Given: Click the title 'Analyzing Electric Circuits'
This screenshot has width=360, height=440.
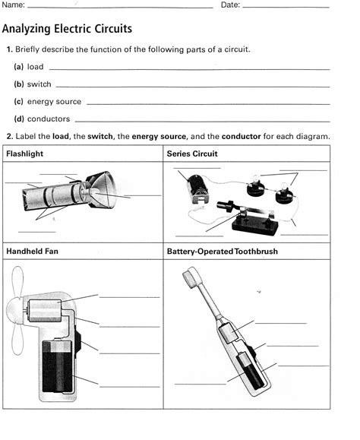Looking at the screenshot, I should coord(68,29).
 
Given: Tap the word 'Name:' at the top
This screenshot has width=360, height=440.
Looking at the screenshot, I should coord(14,5).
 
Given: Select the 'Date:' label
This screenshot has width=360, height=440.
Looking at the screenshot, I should coord(230,5).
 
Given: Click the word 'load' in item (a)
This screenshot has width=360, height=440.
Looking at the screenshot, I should coord(36,67).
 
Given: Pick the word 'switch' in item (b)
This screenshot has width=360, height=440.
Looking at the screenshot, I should coord(39,84).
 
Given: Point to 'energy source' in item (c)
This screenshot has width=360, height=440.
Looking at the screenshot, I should coord(54,102).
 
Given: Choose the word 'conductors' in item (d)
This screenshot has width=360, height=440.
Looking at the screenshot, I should coord(49,119).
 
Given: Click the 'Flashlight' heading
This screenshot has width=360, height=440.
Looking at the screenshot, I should coord(24,154).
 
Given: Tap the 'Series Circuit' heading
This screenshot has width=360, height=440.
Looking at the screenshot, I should coord(192,154).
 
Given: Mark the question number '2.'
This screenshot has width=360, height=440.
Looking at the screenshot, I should coord(9,136).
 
